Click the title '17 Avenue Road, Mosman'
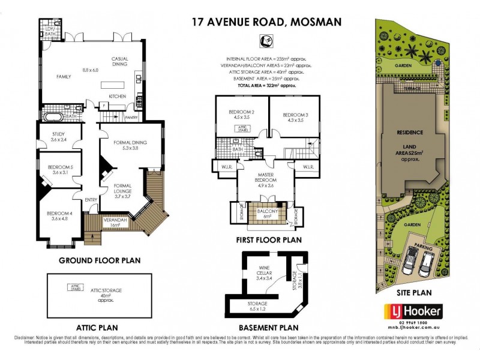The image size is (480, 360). tap(266, 22)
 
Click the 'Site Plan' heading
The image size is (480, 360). tap(414, 293)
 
